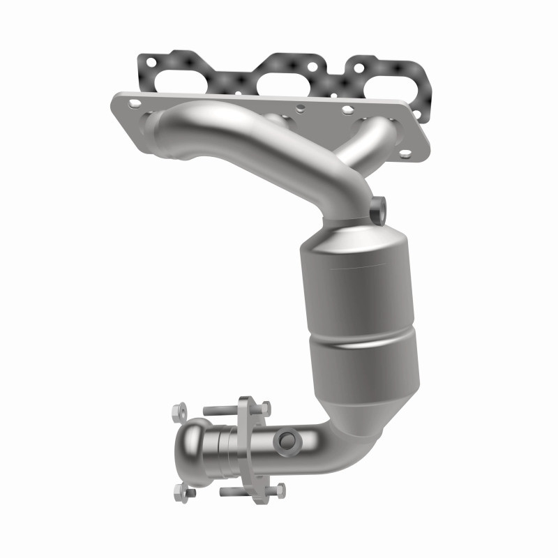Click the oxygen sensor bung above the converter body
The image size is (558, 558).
pyautogui.click(x=378, y=207)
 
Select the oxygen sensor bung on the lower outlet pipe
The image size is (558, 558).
pyautogui.click(x=287, y=440)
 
